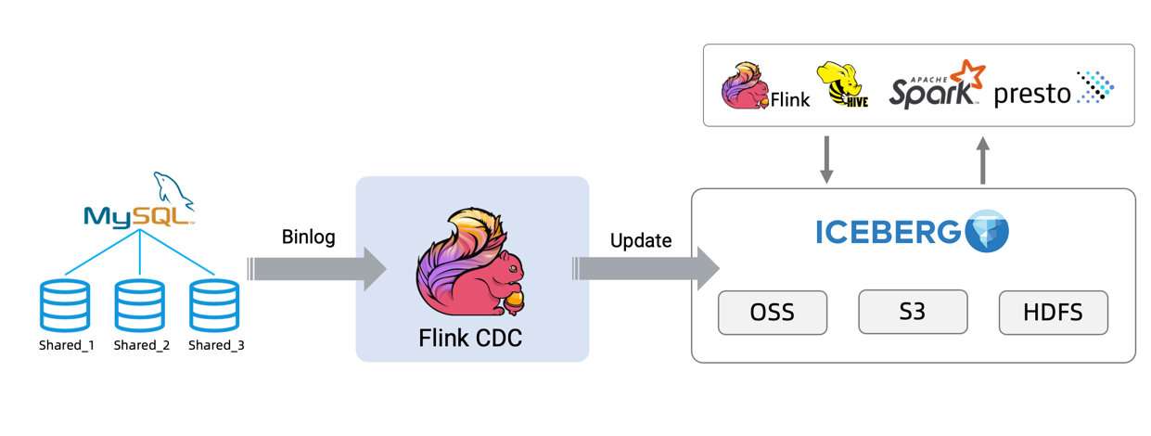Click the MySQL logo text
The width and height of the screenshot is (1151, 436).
[x=139, y=215]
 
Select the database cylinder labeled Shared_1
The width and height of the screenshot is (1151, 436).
[x=66, y=305]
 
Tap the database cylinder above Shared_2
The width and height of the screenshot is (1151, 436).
[x=140, y=305]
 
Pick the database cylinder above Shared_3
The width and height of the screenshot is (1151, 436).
[x=214, y=305]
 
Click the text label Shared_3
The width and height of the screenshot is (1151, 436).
[x=216, y=346]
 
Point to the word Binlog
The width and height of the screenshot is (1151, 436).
[x=308, y=237]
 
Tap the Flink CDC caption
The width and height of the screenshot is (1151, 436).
[x=470, y=339]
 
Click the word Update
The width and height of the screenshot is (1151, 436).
[x=641, y=240]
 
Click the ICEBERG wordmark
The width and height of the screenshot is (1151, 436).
[x=888, y=233]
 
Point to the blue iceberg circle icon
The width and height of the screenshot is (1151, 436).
[x=986, y=232]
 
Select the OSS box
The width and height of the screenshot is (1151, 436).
[x=773, y=313]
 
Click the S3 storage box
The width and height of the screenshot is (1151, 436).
[x=913, y=312]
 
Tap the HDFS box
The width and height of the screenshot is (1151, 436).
[x=1053, y=313]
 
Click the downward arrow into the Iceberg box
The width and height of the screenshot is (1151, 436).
[x=827, y=160]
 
